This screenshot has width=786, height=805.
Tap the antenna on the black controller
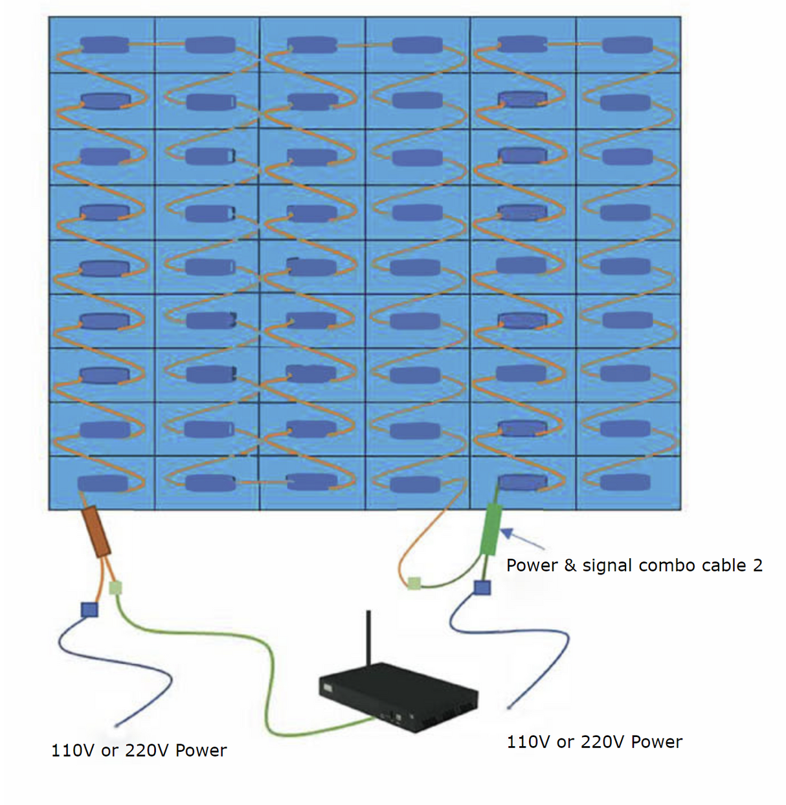tap(368, 638)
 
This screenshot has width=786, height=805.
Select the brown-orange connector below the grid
tap(98, 531)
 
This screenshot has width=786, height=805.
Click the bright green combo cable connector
tap(491, 530)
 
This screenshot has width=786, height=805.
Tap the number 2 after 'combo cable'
tap(758, 565)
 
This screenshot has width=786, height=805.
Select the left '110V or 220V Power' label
tap(139, 751)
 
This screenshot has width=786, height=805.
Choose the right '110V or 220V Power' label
tap(594, 742)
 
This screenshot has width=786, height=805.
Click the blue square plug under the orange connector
tap(89, 609)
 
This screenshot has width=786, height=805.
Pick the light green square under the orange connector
tap(115, 588)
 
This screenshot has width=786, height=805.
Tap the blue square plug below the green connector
tap(482, 587)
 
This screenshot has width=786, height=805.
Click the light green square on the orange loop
tap(414, 584)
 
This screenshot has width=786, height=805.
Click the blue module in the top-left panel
tap(104, 45)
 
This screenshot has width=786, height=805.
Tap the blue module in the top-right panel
tap(627, 45)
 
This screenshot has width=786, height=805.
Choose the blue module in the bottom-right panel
tap(625, 482)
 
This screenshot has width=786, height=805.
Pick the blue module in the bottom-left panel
tap(102, 483)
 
